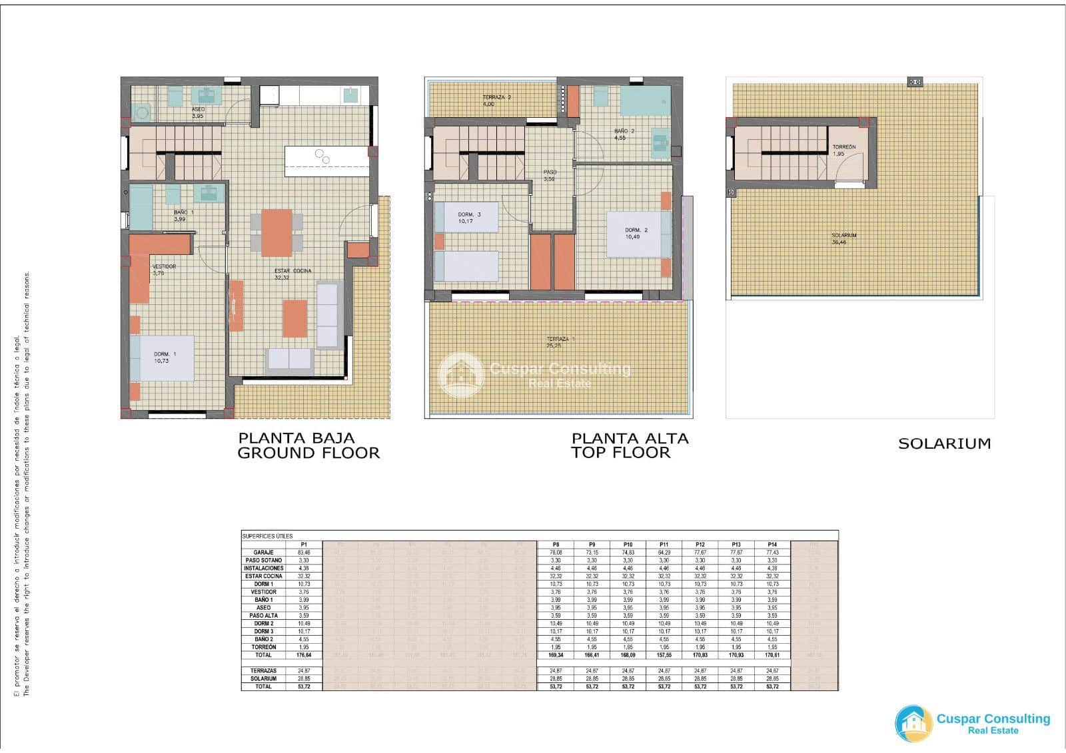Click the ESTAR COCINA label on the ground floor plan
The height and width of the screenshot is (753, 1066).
click(x=292, y=271)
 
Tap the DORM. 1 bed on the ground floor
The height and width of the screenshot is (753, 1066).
click(x=162, y=358)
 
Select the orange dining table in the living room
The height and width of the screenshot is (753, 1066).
click(x=276, y=232)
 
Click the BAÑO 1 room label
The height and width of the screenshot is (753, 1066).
click(x=183, y=212)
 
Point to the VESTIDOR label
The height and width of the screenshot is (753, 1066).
click(x=164, y=266)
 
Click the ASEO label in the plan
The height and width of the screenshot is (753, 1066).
click(x=198, y=109)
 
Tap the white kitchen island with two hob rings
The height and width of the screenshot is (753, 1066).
click(x=326, y=161)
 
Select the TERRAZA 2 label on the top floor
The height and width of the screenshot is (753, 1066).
click(x=496, y=97)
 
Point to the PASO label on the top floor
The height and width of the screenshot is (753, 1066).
click(x=549, y=172)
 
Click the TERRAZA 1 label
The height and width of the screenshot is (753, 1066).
click(x=560, y=340)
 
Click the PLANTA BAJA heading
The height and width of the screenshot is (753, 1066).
click(x=296, y=438)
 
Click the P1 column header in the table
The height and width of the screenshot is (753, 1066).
click(x=303, y=545)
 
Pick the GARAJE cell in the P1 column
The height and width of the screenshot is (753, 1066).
click(x=303, y=553)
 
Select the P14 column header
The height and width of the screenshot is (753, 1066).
click(x=772, y=545)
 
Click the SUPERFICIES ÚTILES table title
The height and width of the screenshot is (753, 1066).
click(x=267, y=536)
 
